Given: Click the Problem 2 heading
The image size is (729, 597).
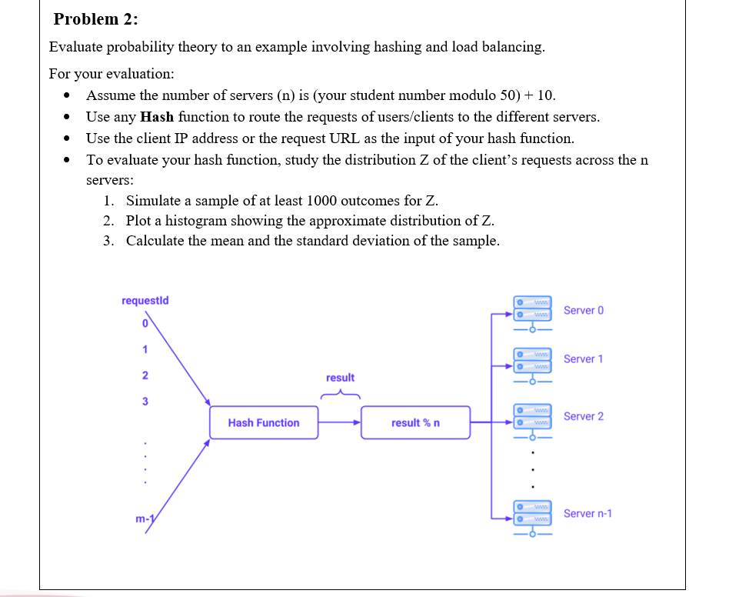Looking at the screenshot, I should pos(90,19).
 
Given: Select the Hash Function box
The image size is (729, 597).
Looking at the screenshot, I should pos(263,422).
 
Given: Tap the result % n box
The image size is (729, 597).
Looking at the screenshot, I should pos(415,422).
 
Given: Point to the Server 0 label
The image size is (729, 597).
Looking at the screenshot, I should pos(583,310).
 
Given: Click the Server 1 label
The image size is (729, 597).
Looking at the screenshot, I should pos(583,359).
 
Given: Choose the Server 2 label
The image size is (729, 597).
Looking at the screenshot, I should pos(583,416).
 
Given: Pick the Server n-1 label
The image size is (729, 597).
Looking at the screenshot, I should pos(588,513).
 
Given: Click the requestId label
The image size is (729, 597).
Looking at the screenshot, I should pos(145,300).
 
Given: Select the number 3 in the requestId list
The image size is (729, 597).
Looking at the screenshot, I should pos(144,402).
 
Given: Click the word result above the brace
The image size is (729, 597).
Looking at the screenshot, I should pos(340,378).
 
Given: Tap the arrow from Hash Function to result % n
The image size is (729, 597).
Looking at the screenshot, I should pos(339,422).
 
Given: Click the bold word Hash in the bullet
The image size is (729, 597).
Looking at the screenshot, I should pos(157,117).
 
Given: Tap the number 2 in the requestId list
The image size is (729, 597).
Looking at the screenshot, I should pos(144,376).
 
